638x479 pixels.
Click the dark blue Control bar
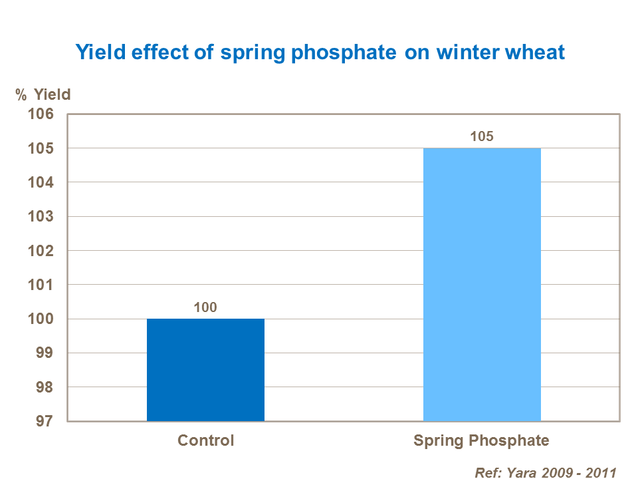205,370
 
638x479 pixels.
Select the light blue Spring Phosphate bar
482,284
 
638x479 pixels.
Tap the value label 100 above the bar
205,307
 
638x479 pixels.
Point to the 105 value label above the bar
482,137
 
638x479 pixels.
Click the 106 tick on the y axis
40,114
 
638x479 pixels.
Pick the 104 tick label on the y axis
40,182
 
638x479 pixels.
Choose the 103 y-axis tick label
40,217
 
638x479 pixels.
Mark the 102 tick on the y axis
40,251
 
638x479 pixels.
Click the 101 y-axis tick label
40,285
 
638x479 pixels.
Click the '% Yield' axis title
43,94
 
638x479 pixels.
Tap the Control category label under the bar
205,440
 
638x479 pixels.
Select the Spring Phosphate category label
482,440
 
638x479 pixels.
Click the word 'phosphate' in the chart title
344,53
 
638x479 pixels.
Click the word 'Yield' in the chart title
98,53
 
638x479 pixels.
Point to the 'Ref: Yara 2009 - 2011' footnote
546,473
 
